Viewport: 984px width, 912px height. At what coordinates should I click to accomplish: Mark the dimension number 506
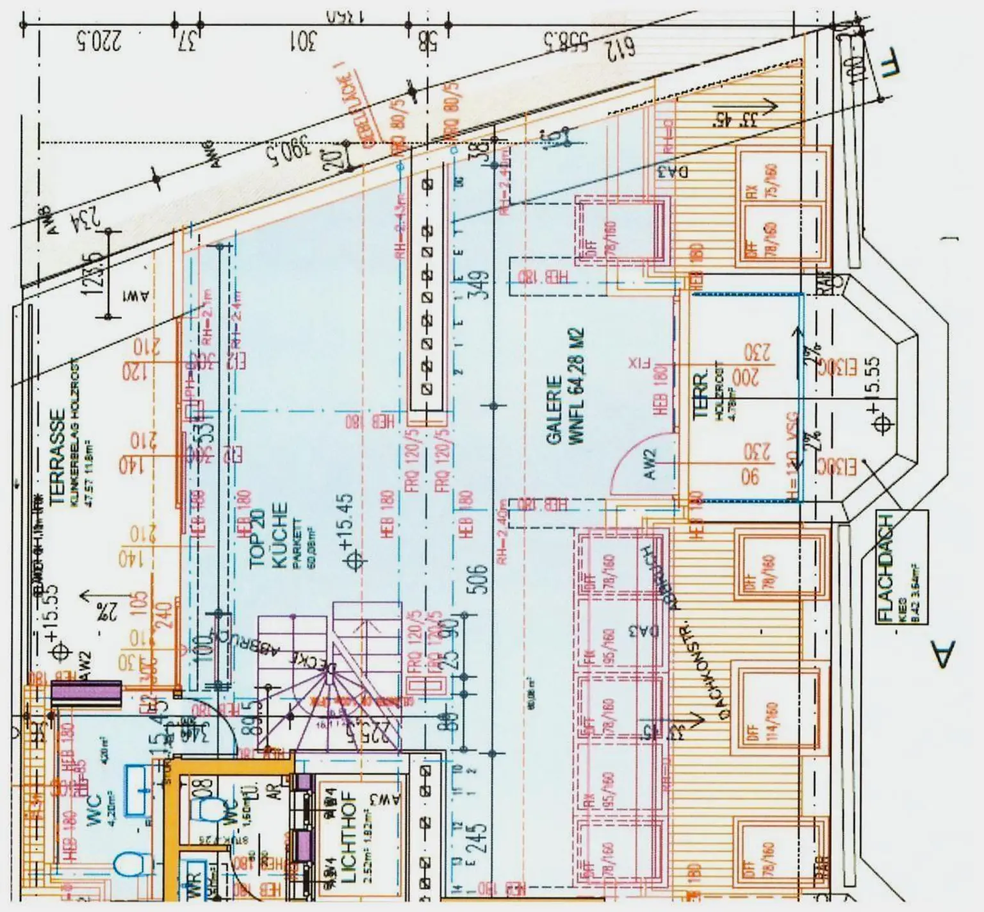[480, 579]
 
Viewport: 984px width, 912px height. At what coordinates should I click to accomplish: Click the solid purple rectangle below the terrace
[86, 694]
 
